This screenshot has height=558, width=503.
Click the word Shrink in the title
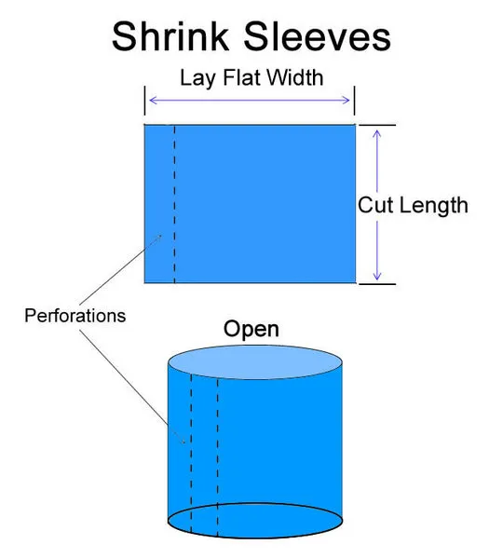click(170, 36)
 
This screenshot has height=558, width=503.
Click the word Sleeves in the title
click(318, 36)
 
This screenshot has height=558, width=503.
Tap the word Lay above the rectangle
click(197, 78)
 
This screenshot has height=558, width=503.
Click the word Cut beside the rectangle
click(375, 205)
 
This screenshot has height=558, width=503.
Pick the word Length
click(434, 206)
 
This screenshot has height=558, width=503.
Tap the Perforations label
click(75, 316)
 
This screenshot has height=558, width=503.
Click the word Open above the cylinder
click(251, 329)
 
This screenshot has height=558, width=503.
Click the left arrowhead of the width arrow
click(153, 100)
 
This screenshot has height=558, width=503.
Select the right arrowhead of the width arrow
click(347, 100)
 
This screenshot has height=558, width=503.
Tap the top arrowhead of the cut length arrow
click(377, 134)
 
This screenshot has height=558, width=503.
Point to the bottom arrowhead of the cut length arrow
click(377, 276)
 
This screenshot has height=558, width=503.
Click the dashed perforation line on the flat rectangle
click(175, 204)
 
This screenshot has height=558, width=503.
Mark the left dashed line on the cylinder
click(191, 454)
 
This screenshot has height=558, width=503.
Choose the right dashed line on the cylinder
click(217, 458)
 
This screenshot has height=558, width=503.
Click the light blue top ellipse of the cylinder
click(255, 362)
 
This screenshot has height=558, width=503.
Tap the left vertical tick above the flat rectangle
click(144, 101)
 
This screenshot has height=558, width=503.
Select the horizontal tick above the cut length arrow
click(377, 125)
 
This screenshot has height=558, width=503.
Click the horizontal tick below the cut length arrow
click(377, 284)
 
